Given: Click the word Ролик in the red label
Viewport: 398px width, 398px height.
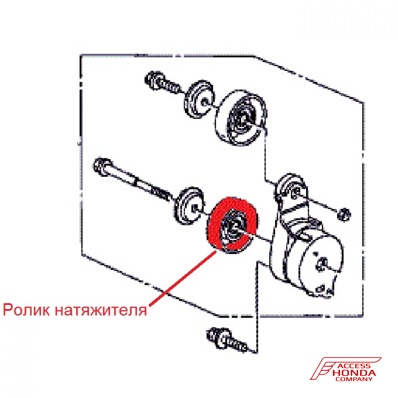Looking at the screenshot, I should [27, 309].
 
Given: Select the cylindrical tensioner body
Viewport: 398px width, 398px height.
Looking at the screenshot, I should [314, 263].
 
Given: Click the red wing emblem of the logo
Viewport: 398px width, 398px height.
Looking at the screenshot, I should [324, 368].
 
